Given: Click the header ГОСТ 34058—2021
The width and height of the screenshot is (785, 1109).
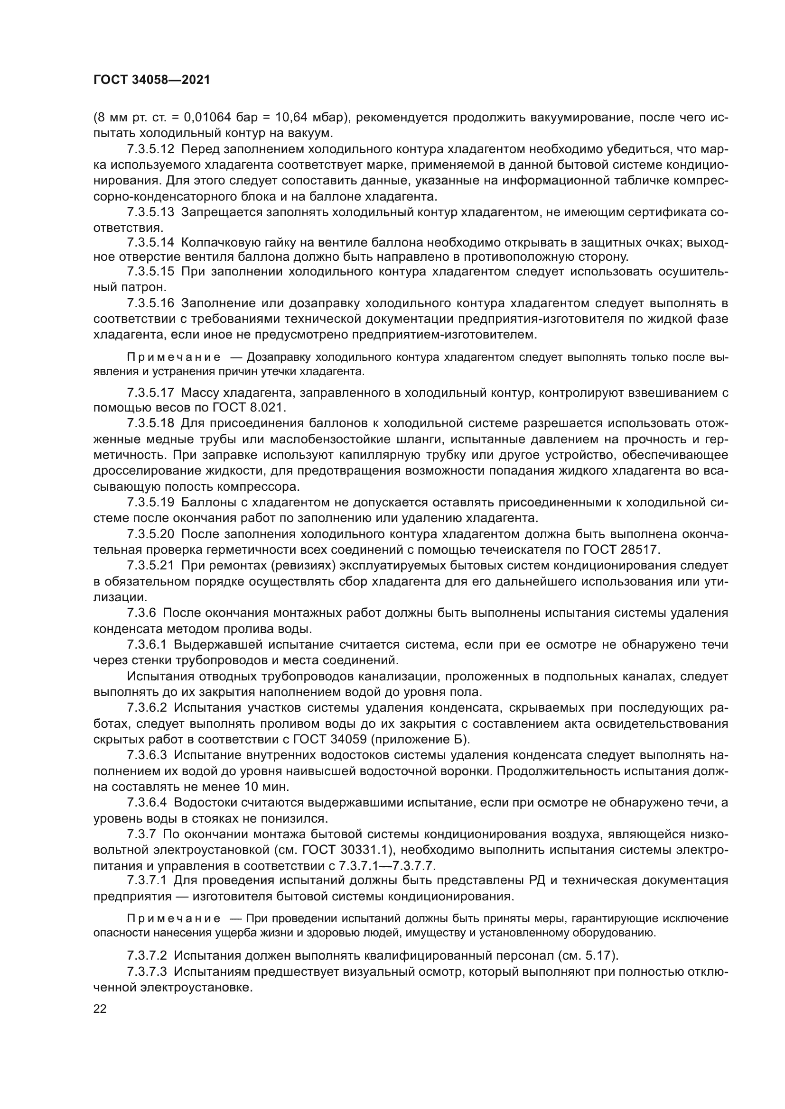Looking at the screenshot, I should (x=152, y=80).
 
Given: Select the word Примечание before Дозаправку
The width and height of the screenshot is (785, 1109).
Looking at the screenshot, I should (x=174, y=357).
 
